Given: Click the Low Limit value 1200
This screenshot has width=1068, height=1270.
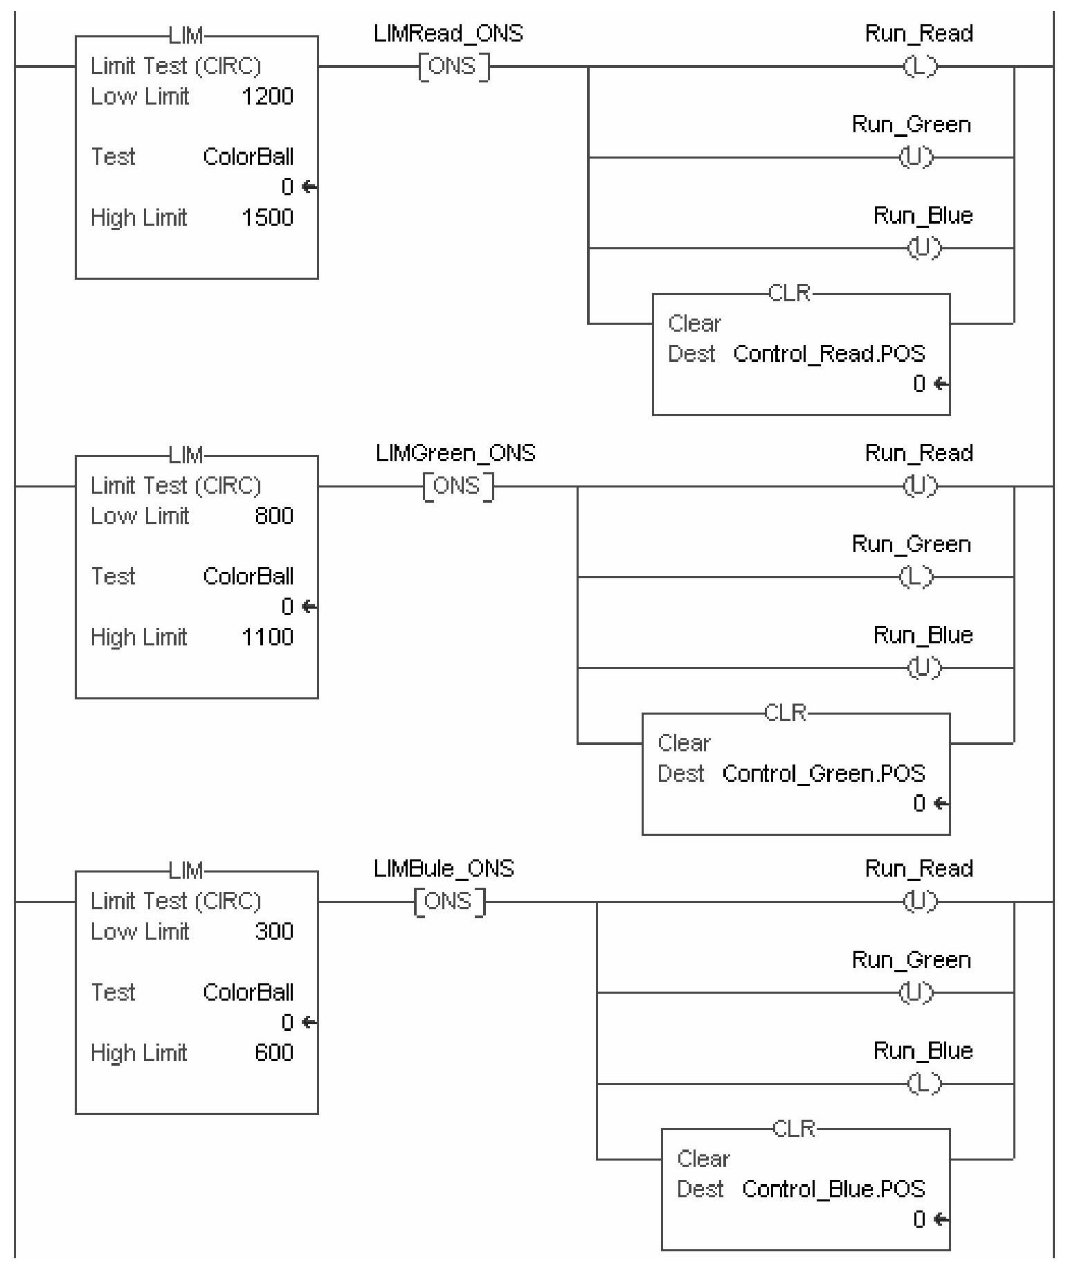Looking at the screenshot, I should pos(267,96).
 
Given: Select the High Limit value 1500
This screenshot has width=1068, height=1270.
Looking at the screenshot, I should pos(267,217).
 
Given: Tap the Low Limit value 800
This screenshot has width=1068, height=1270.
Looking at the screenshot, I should pos(274,516).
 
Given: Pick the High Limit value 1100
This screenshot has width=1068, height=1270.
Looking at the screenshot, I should pos(267,637).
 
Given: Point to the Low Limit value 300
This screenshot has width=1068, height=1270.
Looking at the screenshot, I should pos(274,931).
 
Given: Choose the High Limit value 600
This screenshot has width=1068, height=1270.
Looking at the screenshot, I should pos(274,1053).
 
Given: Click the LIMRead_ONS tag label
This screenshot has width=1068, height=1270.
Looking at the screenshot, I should pos(448,34).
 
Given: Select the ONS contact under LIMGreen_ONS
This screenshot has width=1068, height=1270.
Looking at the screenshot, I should pos(458,486).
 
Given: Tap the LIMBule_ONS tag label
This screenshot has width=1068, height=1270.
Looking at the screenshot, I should pos(444,868).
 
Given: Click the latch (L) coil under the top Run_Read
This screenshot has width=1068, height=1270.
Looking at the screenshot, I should pos(920,67).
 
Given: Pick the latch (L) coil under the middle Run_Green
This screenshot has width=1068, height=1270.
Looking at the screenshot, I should pos(915,577).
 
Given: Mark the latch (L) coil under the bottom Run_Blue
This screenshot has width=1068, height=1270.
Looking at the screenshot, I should pos(924,1084).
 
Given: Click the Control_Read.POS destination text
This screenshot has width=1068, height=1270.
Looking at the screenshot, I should pos(829,354).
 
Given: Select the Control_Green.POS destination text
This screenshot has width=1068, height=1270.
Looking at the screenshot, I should pos(824,773).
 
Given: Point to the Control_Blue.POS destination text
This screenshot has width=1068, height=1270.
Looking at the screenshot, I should pos(833,1189).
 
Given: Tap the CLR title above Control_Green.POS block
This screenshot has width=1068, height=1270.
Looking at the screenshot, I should pos(786,713).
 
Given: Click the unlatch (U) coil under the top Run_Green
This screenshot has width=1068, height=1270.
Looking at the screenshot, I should pos(915,158).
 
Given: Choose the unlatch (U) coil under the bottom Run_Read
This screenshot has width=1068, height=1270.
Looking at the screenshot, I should pos(920,902).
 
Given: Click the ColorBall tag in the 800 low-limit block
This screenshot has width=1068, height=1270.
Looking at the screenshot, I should pos(248,576).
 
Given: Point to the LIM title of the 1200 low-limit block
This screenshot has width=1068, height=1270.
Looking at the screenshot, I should pos(185,35).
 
